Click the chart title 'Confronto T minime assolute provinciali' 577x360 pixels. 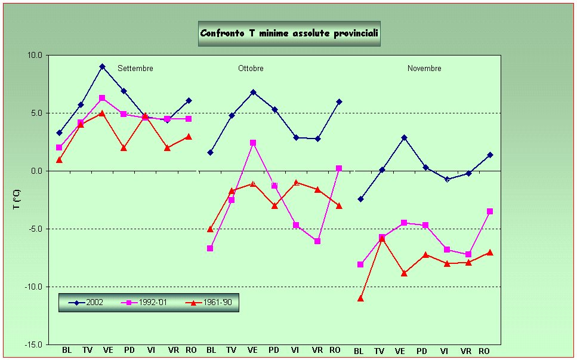pyautogui.click(x=289, y=33)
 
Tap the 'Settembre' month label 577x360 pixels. pyautogui.click(x=135, y=69)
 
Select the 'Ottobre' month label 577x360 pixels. pyautogui.click(x=251, y=69)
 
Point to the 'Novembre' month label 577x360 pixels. pyautogui.click(x=424, y=69)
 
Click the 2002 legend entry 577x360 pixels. pyautogui.click(x=87, y=303)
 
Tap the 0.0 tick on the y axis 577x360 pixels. pyautogui.click(x=36, y=171)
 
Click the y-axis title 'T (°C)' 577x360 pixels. pyautogui.click(x=17, y=200)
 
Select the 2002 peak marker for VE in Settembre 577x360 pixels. pyautogui.click(x=102, y=66)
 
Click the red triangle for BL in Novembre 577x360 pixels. pyautogui.click(x=360, y=298)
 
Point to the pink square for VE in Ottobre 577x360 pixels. pyautogui.click(x=253, y=143)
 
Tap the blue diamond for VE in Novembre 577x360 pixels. pyautogui.click(x=404, y=137)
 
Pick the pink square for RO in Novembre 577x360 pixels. pyautogui.click(x=490, y=211)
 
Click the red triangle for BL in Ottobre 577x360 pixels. pyautogui.click(x=210, y=229)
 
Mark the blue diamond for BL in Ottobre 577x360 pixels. pyautogui.click(x=210, y=152)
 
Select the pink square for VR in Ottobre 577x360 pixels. pyautogui.click(x=317, y=241)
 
